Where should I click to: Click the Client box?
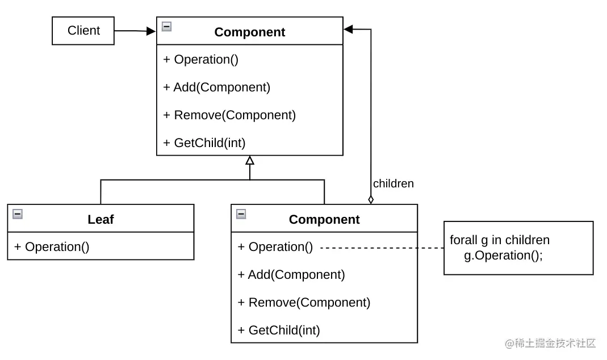[x=83, y=31]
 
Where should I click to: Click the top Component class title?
[x=250, y=32]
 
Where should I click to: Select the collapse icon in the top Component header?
[x=166, y=26]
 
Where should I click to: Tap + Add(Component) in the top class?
[x=216, y=87]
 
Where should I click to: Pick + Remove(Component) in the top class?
[x=229, y=115]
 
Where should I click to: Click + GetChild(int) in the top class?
[x=204, y=143]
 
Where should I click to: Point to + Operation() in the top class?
[x=200, y=59]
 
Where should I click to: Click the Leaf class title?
[x=101, y=220]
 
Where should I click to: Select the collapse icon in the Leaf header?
[x=18, y=214]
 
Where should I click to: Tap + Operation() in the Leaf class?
[x=52, y=246]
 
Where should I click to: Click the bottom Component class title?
[x=324, y=220]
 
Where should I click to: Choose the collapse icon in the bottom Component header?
[x=241, y=214]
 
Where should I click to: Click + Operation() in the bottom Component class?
[x=275, y=246]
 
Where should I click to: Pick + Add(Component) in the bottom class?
[x=291, y=274]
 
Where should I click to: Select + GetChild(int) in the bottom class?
[x=279, y=330]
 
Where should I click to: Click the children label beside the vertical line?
[x=393, y=183]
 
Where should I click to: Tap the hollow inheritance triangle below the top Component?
[x=250, y=161]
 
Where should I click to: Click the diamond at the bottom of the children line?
[x=371, y=199]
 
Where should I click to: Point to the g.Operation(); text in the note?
[x=503, y=256]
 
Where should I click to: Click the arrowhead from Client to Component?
[x=150, y=31]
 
